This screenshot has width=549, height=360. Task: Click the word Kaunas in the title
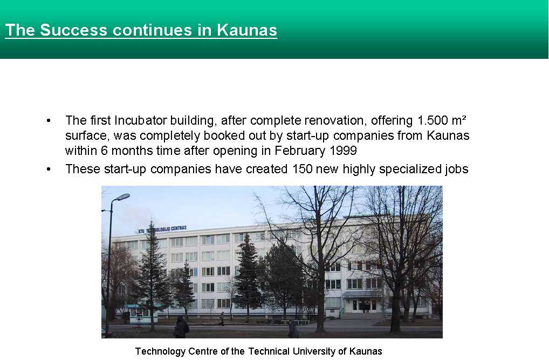click(x=247, y=30)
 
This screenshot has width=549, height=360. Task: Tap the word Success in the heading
click(x=73, y=30)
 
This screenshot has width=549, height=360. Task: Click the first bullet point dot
click(x=49, y=121)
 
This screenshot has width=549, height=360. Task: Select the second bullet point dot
click(x=49, y=169)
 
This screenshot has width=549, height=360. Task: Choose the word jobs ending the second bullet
click(x=457, y=169)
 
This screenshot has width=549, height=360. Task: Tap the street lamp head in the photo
click(x=122, y=197)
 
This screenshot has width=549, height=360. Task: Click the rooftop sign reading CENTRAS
click(x=179, y=228)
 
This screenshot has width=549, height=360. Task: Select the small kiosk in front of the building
click(x=142, y=314)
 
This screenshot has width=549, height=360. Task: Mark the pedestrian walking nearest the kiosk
click(x=181, y=327)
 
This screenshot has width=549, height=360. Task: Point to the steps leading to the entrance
click(x=361, y=316)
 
